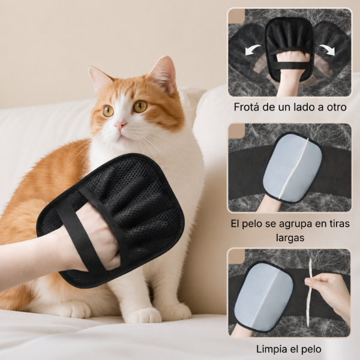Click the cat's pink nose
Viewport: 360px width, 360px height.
click(121, 125)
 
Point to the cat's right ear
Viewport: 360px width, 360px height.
click(163, 73)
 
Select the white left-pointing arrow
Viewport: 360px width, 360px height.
click(253, 50)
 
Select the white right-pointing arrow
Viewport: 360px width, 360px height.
click(327, 50)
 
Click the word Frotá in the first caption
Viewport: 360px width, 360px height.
click(247, 107)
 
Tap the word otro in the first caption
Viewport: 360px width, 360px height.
click(337, 107)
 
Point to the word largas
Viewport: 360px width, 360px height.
click(290, 238)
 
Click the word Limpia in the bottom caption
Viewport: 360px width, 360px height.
click(269, 349)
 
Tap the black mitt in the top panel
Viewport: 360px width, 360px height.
click(289, 49)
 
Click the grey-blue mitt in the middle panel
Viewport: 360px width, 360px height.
click(293, 167)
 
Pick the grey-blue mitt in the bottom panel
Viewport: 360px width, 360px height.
click(263, 298)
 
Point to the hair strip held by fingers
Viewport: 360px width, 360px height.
click(309, 292)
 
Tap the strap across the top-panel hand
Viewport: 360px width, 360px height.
click(290, 65)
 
